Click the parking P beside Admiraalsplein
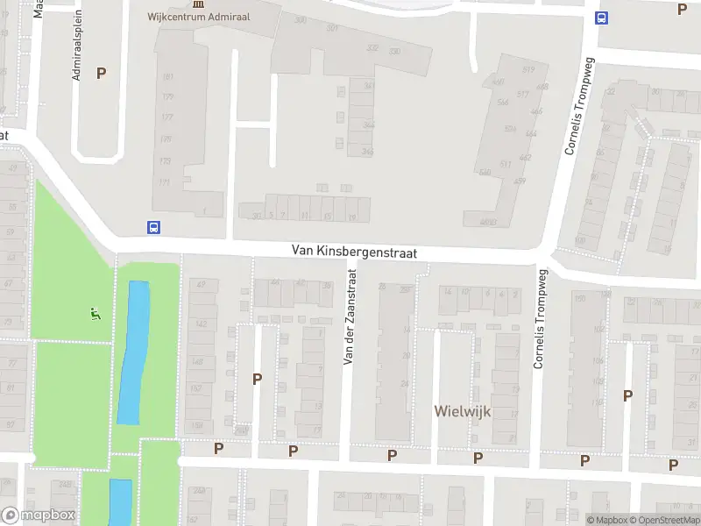coord(102,74)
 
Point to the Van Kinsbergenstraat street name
coord(354,252)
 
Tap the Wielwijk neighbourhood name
coord(464,410)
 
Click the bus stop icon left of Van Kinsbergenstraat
coord(153,227)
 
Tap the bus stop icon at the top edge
coord(602,18)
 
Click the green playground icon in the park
coord(96,313)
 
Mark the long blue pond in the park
coord(134,351)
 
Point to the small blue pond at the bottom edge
coord(120,501)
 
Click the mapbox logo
coord(39,515)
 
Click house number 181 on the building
coord(167,77)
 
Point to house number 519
coord(528,69)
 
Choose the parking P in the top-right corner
coord(683,10)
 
